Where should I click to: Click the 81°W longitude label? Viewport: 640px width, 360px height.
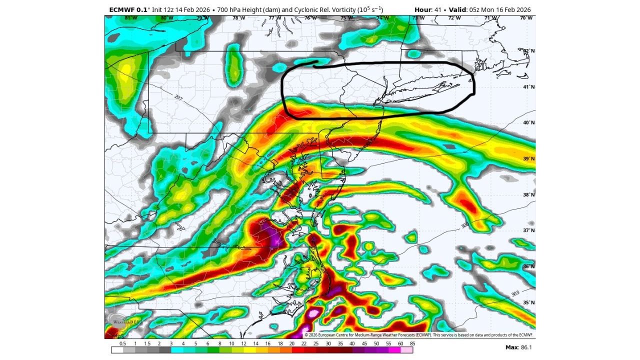pos(130,18)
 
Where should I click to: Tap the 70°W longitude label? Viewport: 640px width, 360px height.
pos(526,18)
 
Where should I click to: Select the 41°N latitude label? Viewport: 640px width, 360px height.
pos(529,87)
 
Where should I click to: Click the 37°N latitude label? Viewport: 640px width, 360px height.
pos(529,230)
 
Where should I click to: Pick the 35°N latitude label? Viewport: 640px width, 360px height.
pos(529,302)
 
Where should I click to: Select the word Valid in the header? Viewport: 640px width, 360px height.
pos(458,9)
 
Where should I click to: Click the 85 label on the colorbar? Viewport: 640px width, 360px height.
pos(412,344)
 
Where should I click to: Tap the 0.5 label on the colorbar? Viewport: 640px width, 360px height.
pos(123,344)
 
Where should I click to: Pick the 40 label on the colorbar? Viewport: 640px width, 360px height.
pos(352,344)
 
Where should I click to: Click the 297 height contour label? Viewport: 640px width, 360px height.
pos(178,97)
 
